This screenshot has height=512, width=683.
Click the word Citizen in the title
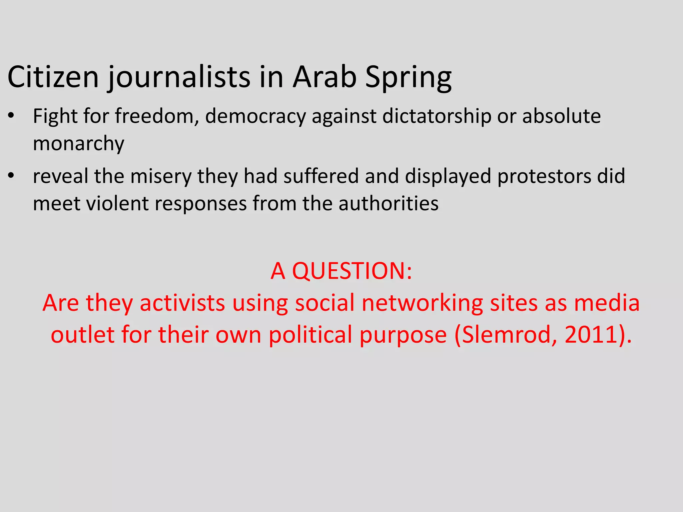[x=53, y=77]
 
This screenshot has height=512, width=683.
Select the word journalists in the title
[x=178, y=78]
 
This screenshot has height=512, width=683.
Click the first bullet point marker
[x=11, y=116]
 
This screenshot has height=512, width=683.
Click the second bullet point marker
[x=11, y=176]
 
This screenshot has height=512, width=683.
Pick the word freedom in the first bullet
[x=157, y=116]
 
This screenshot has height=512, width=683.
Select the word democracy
[x=255, y=117]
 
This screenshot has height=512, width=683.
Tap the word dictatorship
[x=437, y=117]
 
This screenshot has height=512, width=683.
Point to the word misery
[x=161, y=176]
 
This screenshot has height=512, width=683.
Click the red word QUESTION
[x=352, y=271]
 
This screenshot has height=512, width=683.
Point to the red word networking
[x=422, y=304]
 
